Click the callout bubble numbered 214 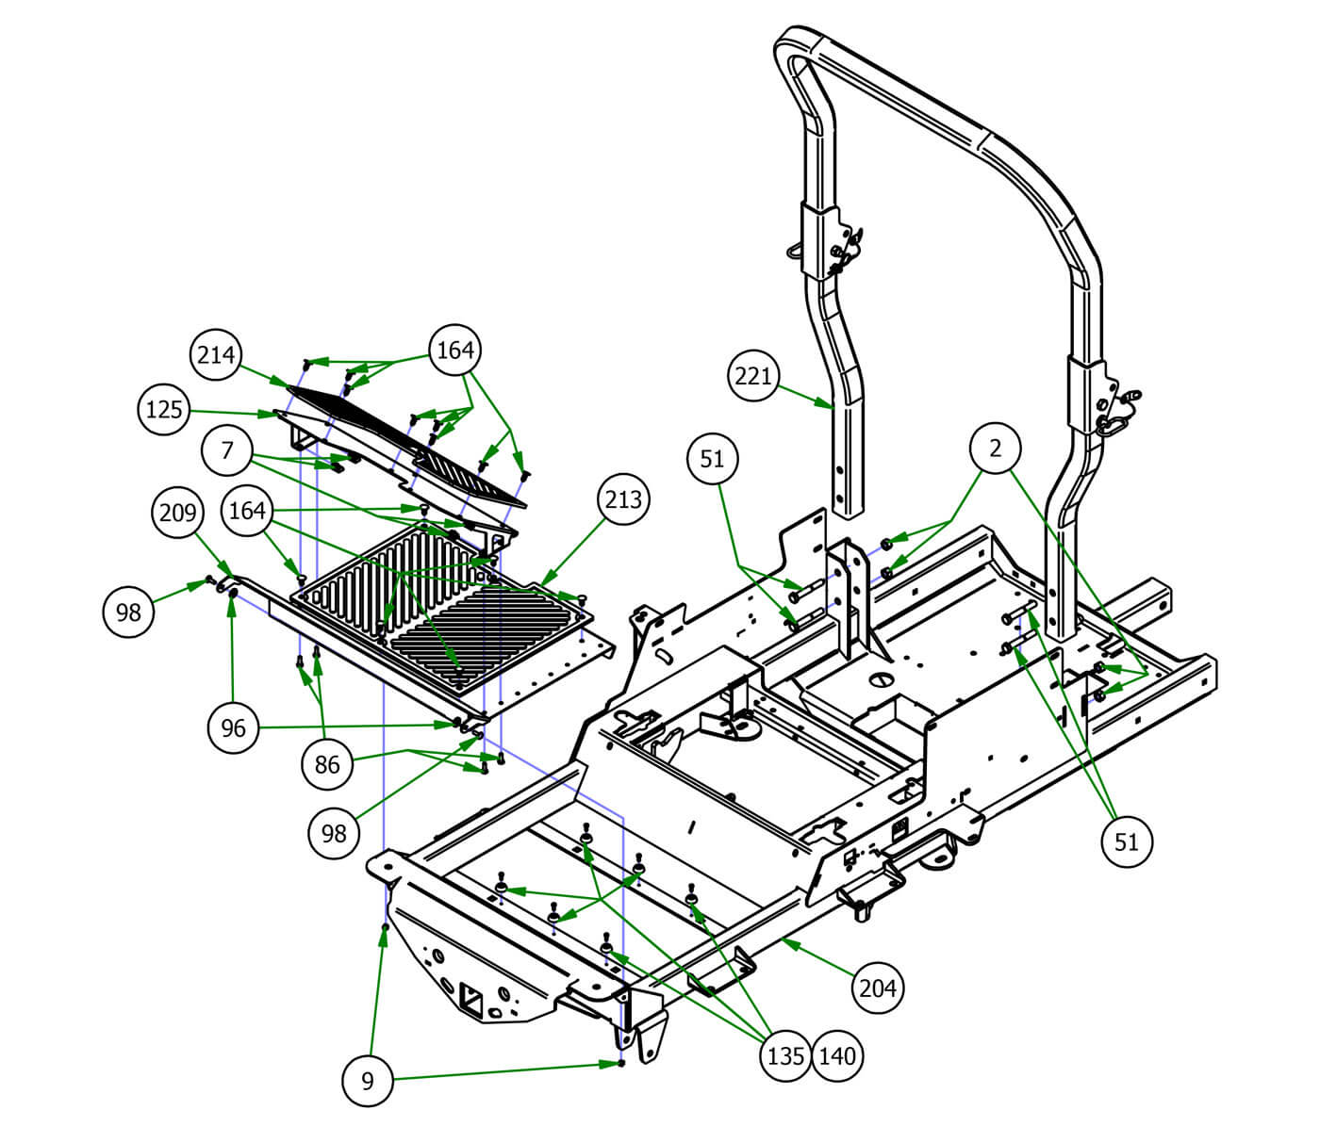pos(216,355)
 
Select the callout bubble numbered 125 pos(164,411)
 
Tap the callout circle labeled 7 pos(226,451)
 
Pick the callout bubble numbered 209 pos(177,513)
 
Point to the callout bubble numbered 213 pos(623,499)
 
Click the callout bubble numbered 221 pos(753,377)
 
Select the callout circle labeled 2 pos(996,449)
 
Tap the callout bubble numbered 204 pos(878,988)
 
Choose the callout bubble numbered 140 pos(836,1055)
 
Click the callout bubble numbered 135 pos(785,1055)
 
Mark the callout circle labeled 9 pos(368,1081)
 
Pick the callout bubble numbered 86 pos(326,764)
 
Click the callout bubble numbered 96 pos(233,727)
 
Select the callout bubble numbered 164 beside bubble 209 pos(247,511)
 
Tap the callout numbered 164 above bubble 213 pos(454,351)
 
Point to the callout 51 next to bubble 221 pos(713,459)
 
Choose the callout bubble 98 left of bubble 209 pos(128,612)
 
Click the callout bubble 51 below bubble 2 pos(1127,841)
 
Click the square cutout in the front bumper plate pos(471,995)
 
